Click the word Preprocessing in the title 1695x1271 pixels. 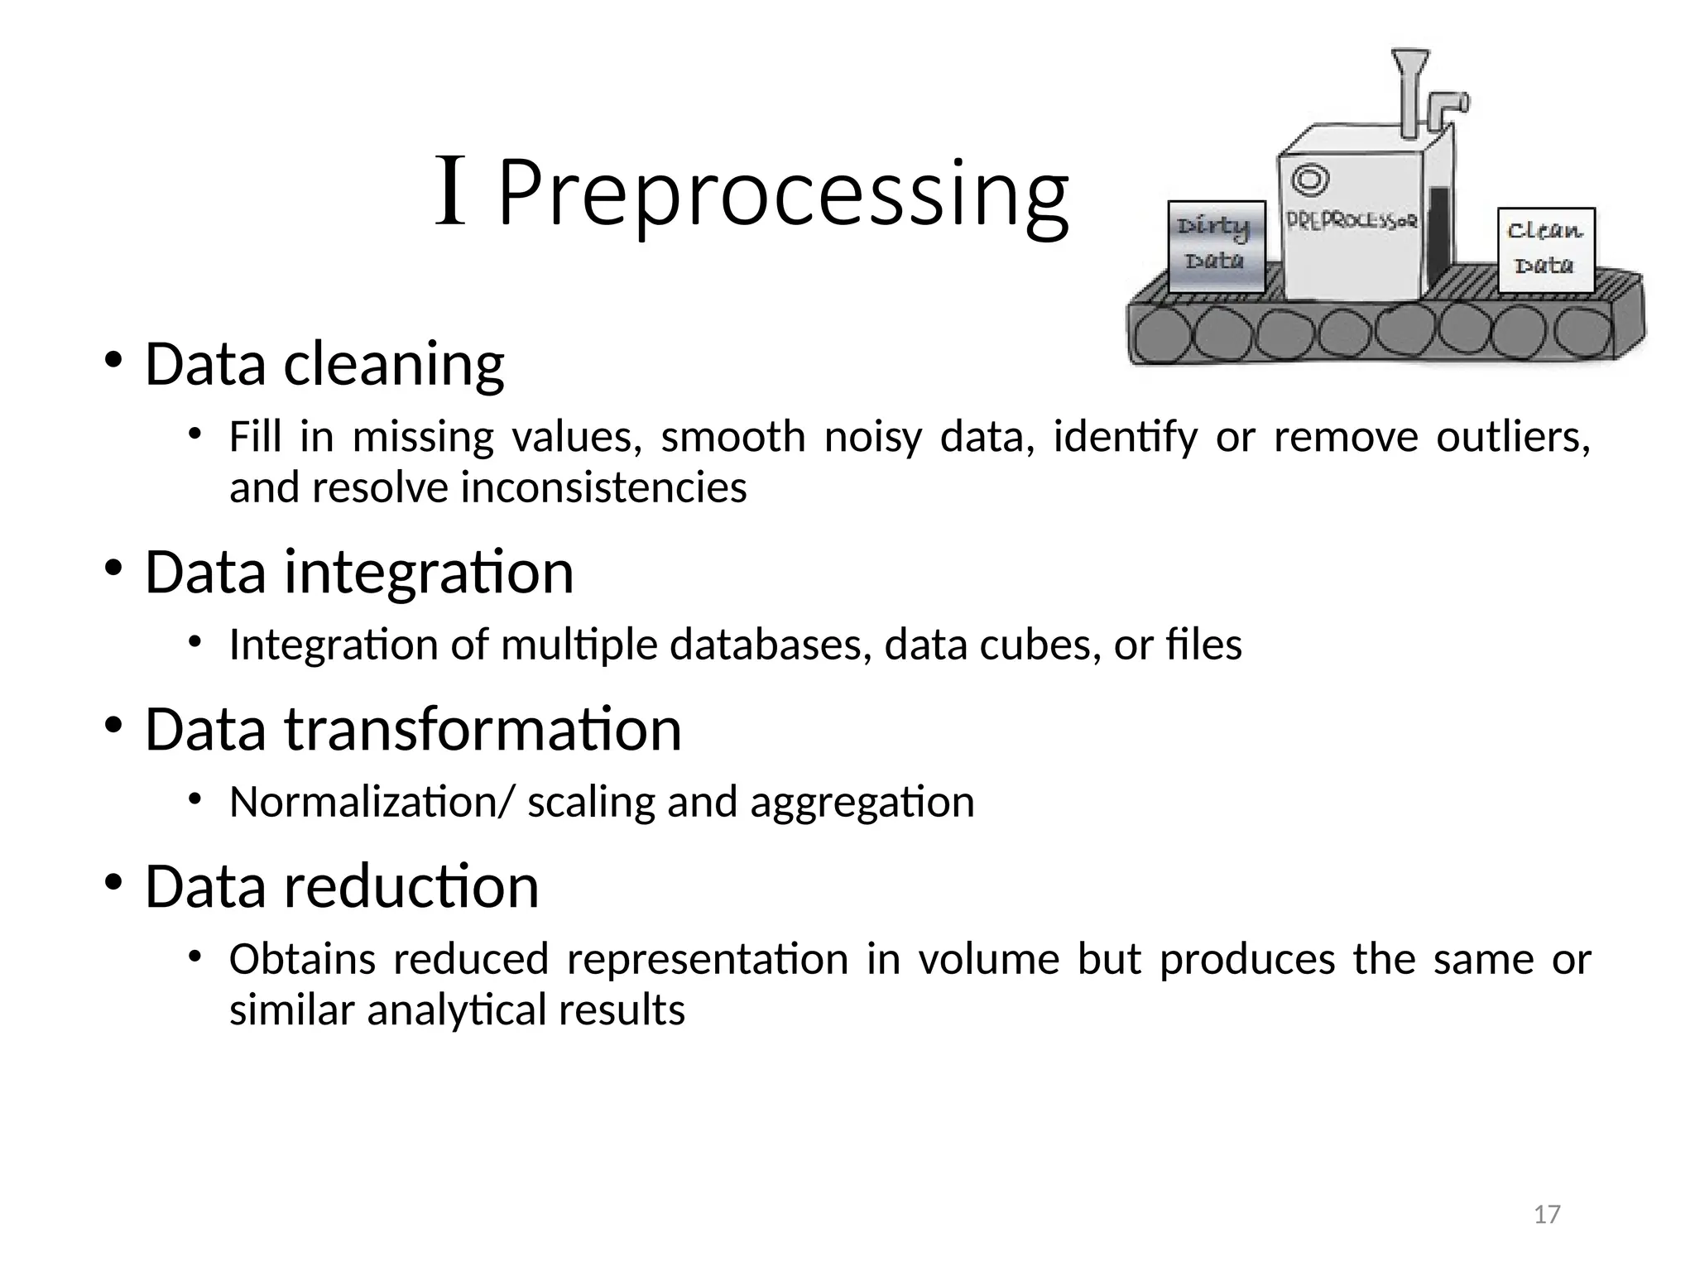coord(782,194)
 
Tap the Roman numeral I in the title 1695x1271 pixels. coord(451,192)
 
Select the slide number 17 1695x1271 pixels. coord(1547,1215)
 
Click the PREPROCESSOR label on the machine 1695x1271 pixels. coord(1352,221)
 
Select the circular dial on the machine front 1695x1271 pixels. coord(1310,179)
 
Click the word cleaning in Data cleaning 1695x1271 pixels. coord(394,364)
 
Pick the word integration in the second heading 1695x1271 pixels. coord(429,572)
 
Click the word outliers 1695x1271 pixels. coord(1513,436)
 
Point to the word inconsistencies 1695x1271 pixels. coord(603,487)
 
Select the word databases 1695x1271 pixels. coord(771,645)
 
